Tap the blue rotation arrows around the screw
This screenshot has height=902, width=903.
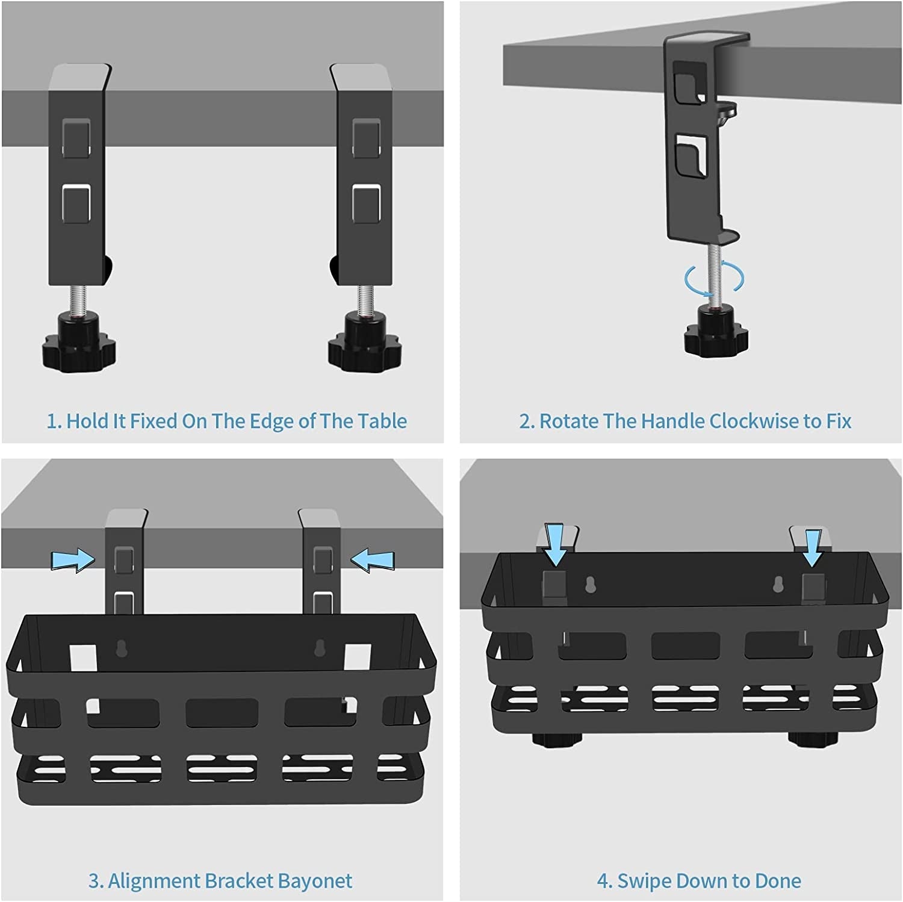[714, 278]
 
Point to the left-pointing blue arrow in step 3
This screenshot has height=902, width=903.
[373, 561]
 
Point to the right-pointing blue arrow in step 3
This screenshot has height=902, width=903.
[72, 561]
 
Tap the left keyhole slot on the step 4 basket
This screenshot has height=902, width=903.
[591, 584]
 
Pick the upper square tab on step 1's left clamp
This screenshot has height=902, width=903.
[76, 138]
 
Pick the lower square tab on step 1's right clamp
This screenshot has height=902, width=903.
[366, 204]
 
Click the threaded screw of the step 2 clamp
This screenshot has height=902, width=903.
[714, 271]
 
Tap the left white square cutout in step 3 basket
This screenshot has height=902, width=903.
[83, 658]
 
